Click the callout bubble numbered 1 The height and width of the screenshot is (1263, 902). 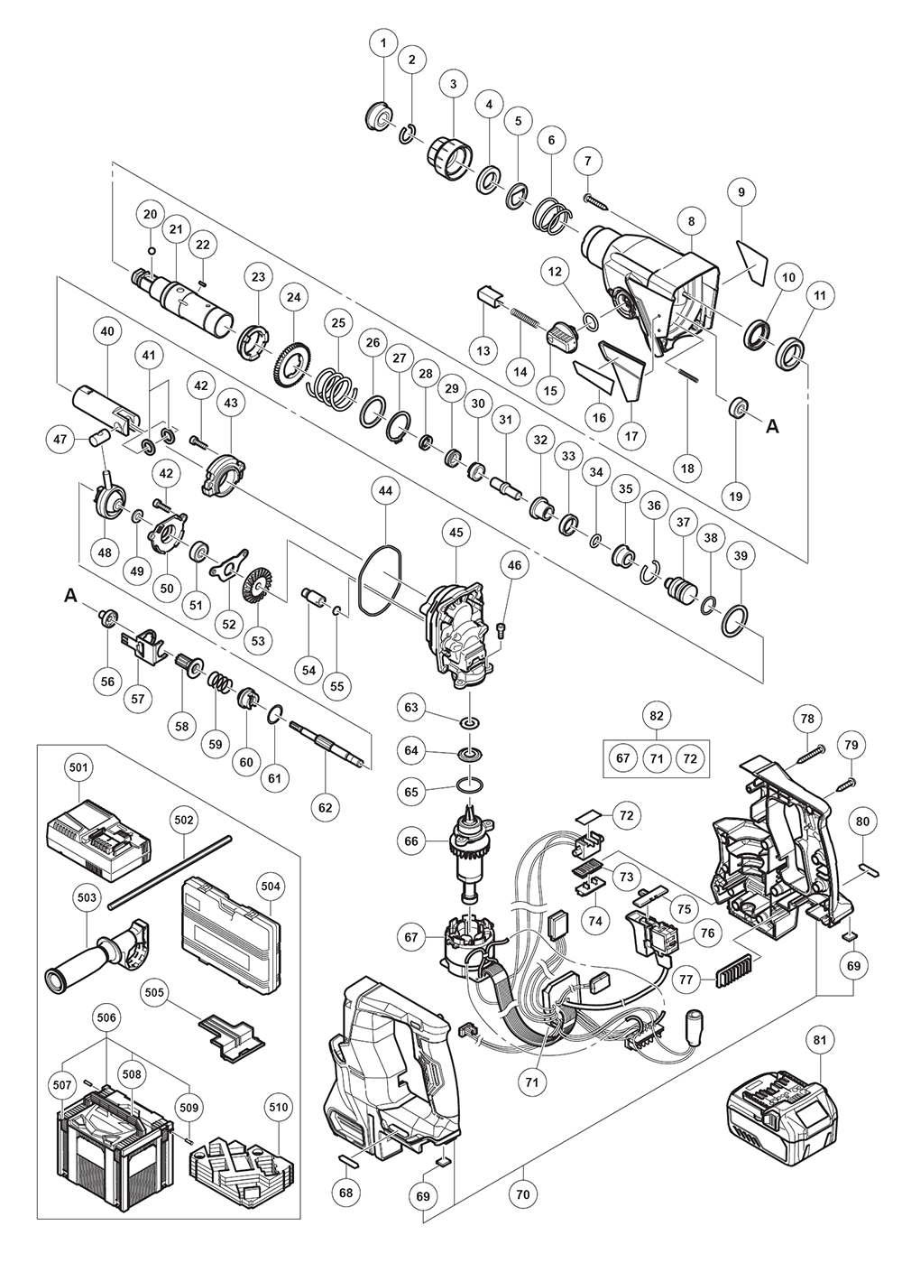[x=383, y=42]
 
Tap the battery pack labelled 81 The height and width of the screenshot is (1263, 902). [x=777, y=1119]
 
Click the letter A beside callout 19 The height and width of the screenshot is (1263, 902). [x=772, y=428]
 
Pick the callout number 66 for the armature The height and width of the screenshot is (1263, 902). [x=412, y=841]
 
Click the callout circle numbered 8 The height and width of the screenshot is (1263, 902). [x=691, y=220]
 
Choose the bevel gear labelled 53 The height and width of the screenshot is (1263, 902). [x=260, y=591]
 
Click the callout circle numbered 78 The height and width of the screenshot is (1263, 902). [x=806, y=719]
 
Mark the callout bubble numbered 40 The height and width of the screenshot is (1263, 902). [x=107, y=331]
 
